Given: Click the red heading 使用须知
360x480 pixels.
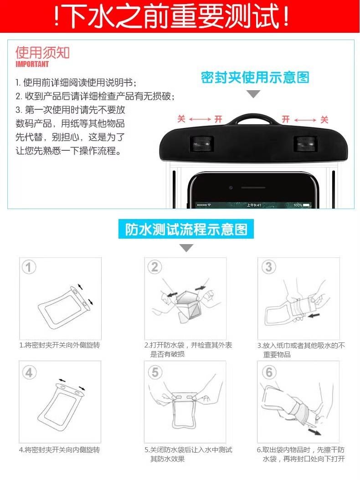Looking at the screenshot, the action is (x=42, y=53).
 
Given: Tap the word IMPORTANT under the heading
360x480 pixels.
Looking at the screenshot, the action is (x=32, y=64).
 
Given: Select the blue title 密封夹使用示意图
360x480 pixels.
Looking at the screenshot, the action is (x=255, y=77).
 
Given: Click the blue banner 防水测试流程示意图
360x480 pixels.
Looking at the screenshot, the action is (x=186, y=229).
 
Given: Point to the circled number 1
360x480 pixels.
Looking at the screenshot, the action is (x=29, y=267).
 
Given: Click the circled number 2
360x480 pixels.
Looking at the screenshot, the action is (x=155, y=267).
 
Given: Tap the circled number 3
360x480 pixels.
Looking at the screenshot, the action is (x=268, y=266).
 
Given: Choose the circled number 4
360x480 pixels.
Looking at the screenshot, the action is (x=29, y=373).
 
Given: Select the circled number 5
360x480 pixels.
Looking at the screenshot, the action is (x=155, y=372).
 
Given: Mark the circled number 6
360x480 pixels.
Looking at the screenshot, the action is (x=269, y=372).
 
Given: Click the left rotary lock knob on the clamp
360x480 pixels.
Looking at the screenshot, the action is (x=201, y=143).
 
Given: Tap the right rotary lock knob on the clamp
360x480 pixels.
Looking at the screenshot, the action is (x=305, y=143).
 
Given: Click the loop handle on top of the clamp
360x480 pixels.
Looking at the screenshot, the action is (x=253, y=117).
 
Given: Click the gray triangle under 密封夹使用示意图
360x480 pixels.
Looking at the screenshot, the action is (x=253, y=94).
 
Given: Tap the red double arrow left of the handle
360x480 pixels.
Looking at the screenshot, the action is (x=200, y=119).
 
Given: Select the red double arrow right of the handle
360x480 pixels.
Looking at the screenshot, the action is (x=305, y=120).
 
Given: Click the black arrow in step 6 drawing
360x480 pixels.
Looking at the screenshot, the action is (x=314, y=432).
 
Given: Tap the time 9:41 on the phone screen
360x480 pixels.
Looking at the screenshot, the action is (x=254, y=205).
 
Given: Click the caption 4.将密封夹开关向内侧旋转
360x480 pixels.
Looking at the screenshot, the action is (x=59, y=449).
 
